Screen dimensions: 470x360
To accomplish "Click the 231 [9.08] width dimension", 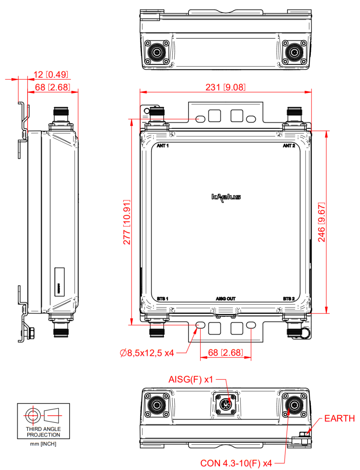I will pyautogui.click(x=225, y=87).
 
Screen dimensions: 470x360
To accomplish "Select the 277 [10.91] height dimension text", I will pyautogui.click(x=127, y=222).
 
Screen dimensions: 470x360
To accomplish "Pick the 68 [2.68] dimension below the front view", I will pyautogui.click(x=225, y=353).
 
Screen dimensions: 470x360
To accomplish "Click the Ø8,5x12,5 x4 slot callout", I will pyautogui.click(x=147, y=353).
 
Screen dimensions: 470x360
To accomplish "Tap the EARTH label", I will pyautogui.click(x=339, y=419).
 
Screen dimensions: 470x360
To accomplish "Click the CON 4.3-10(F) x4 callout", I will pyautogui.click(x=236, y=463).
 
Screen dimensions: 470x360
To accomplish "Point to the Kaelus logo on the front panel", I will pyautogui.click(x=226, y=197).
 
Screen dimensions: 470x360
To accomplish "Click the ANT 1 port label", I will pyautogui.click(x=163, y=146).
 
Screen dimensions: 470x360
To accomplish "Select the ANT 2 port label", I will pyautogui.click(x=289, y=146).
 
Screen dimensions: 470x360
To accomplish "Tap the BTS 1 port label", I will pyautogui.click(x=162, y=299).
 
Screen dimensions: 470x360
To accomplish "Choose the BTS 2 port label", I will pyautogui.click(x=289, y=299).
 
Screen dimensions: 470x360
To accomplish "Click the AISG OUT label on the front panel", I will pyautogui.click(x=226, y=299).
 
